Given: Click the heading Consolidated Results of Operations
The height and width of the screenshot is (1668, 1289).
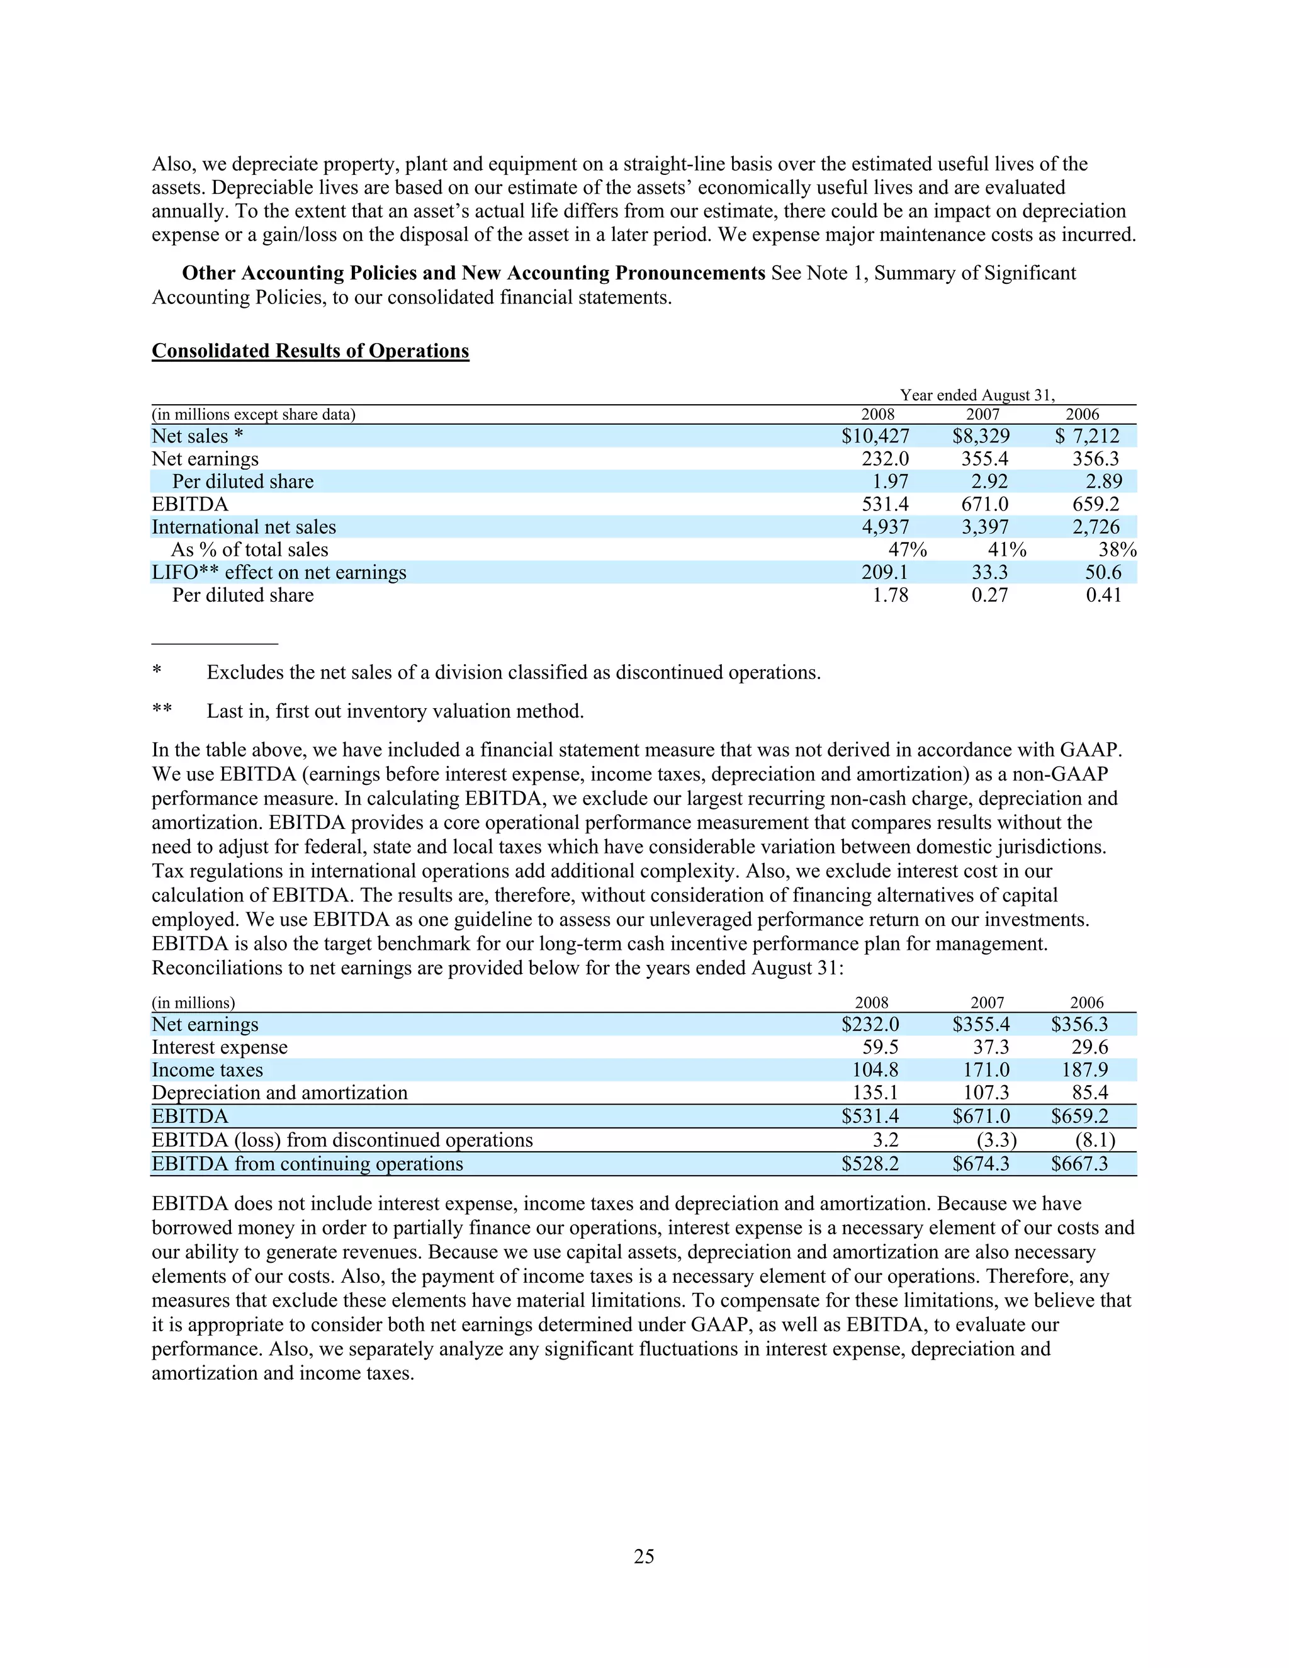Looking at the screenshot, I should click(310, 351).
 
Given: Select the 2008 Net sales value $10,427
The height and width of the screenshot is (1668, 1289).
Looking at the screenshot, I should click(875, 436).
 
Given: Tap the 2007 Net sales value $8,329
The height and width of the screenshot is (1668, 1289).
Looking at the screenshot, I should click(981, 436).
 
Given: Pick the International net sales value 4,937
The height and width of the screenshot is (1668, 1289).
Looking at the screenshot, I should click(885, 527).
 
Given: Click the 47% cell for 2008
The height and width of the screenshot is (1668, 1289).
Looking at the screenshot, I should click(907, 550).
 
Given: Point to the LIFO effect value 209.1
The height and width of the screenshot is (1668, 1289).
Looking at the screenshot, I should click(885, 573).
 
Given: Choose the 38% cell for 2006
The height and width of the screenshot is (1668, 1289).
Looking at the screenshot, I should click(1117, 550).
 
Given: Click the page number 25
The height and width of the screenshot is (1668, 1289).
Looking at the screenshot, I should click(644, 1557).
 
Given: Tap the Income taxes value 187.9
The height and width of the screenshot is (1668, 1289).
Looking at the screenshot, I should click(1084, 1070).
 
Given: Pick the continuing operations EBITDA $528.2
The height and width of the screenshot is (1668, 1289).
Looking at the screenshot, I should click(870, 1164).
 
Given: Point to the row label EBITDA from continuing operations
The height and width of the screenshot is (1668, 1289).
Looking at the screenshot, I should click(307, 1164).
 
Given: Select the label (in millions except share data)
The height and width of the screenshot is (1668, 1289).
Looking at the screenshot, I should click(254, 415).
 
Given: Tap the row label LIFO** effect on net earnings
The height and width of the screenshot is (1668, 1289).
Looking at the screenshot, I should click(279, 573).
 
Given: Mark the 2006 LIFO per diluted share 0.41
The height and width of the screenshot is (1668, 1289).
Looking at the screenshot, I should click(1103, 595).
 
